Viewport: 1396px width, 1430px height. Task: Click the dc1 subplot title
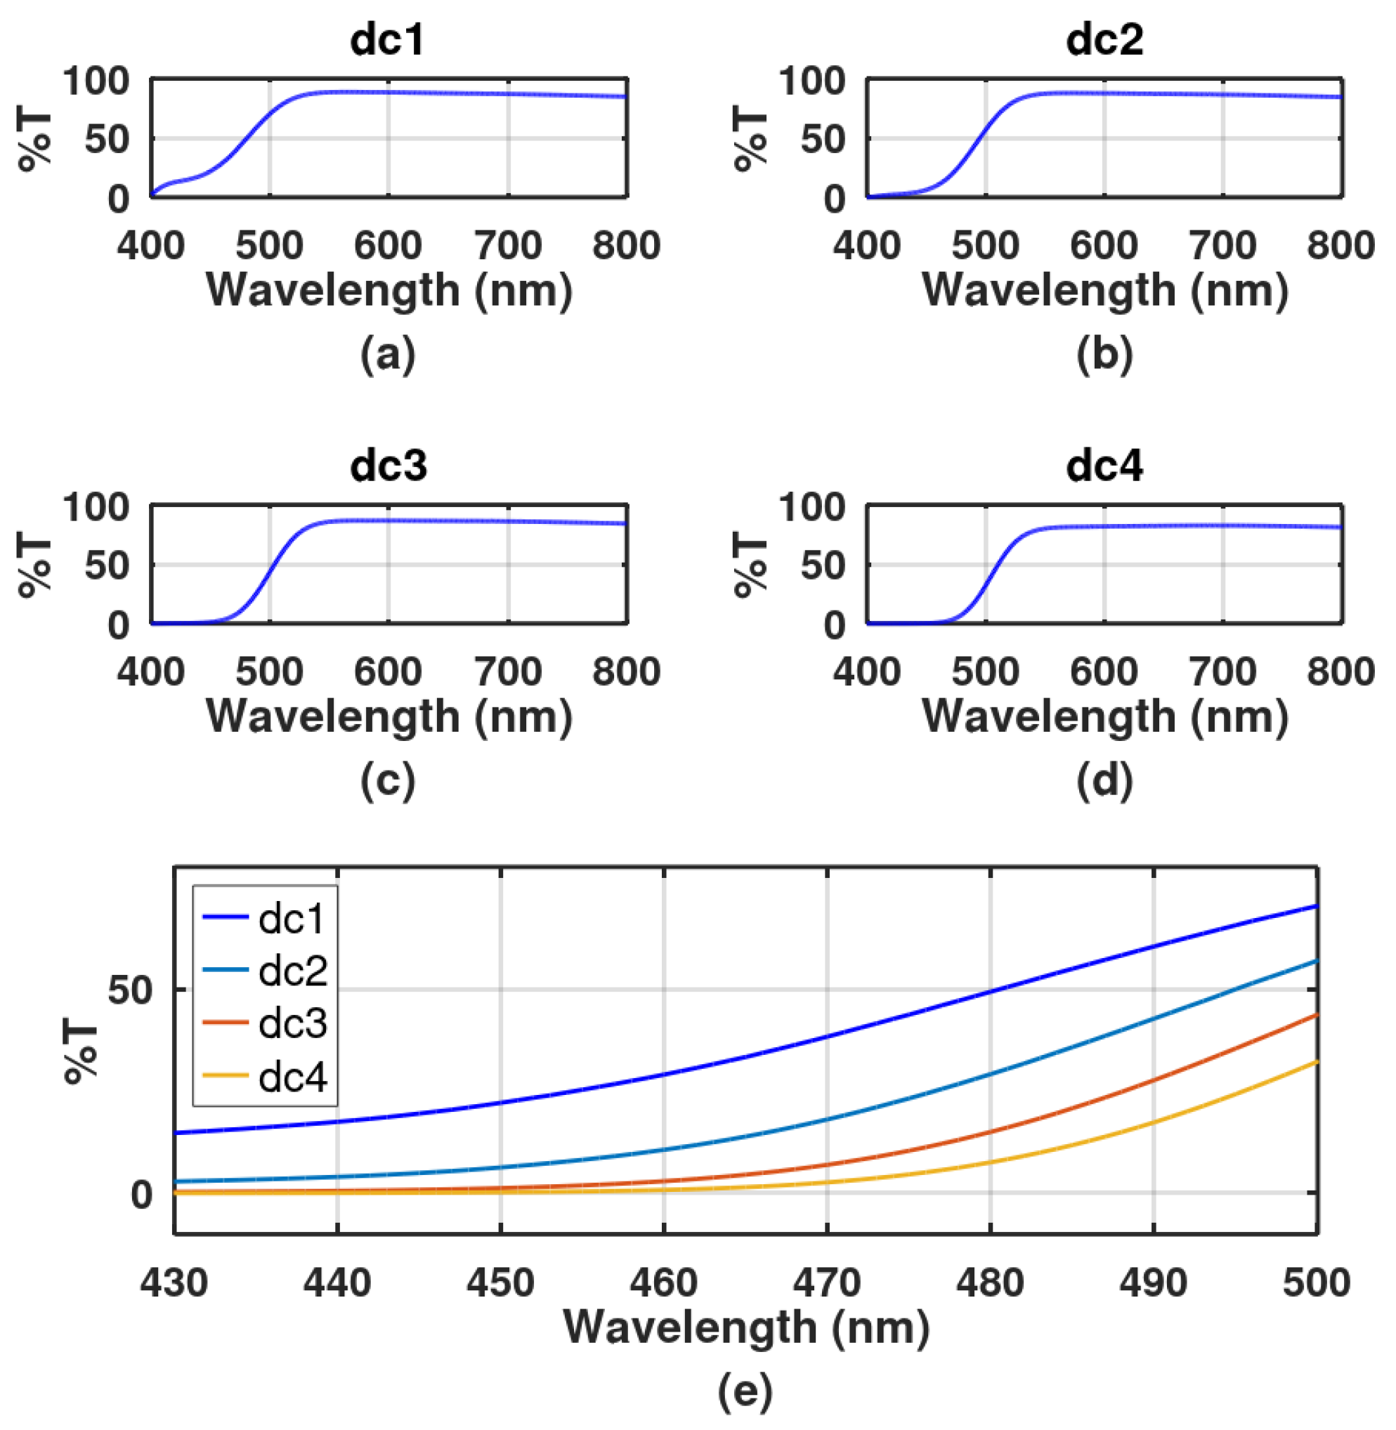tap(387, 39)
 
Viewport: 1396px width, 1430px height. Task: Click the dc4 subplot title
tap(1104, 466)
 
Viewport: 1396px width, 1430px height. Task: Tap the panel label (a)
tap(388, 355)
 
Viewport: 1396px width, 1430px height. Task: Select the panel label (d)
tap(1104, 781)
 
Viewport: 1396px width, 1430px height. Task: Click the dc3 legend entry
tap(292, 1023)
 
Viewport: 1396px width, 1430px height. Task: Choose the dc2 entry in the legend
tap(292, 971)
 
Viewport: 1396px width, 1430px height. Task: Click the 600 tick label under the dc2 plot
tap(1104, 245)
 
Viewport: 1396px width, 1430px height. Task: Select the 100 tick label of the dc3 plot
tap(96, 506)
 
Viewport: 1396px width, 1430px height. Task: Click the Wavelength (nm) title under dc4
tap(1104, 716)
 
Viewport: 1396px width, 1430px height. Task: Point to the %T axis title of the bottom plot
tap(81, 1054)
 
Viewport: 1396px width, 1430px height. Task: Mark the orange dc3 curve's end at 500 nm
tap(1316, 1015)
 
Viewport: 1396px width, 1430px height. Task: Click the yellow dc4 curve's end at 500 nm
tap(1316, 1062)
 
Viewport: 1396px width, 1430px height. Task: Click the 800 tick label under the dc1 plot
tap(626, 245)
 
